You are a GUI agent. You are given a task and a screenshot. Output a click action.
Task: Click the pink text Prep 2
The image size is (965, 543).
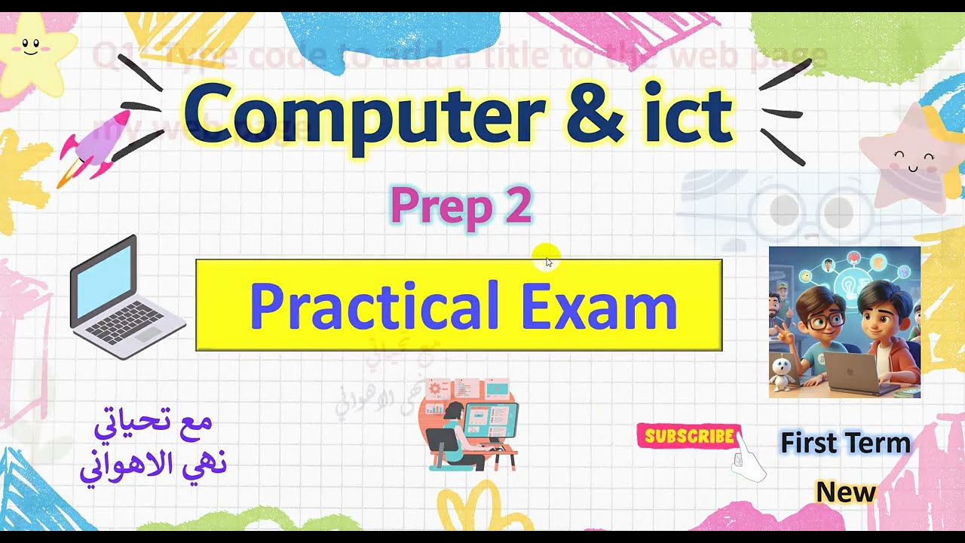click(x=461, y=206)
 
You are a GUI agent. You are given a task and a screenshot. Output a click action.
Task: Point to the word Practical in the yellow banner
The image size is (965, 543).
click(x=374, y=305)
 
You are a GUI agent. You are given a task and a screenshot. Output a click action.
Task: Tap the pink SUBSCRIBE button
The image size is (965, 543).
click(x=689, y=436)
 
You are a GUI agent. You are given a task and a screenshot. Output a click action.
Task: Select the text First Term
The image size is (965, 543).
click(x=845, y=443)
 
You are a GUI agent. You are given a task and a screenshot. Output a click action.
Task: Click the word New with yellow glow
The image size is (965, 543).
click(x=845, y=492)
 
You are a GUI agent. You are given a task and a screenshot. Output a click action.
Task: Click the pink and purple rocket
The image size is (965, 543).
click(x=94, y=143)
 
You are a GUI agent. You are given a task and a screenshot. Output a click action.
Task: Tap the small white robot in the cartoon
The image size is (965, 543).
click(x=783, y=373)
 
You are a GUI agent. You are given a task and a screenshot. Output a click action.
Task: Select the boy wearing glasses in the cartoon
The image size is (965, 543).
click(x=822, y=324)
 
